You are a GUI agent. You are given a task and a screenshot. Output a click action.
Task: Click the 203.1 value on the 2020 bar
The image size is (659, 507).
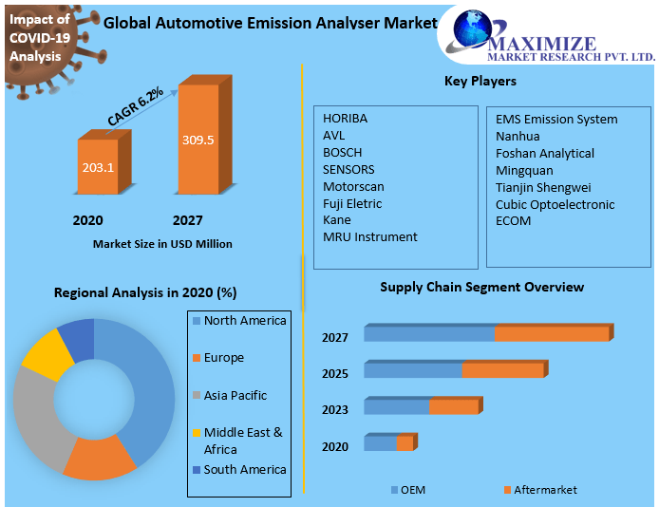pyautogui.click(x=98, y=167)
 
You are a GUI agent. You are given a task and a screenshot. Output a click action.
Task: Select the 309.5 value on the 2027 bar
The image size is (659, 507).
pyautogui.click(x=198, y=140)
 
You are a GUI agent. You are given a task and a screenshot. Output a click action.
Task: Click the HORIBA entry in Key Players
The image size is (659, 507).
pyautogui.click(x=345, y=119)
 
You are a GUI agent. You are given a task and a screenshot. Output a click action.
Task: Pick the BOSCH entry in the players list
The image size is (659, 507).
pyautogui.click(x=342, y=153)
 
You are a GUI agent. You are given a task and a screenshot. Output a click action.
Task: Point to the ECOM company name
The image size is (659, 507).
pyautogui.click(x=514, y=221)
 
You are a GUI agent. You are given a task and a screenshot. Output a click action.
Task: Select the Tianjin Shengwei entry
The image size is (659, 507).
pyautogui.click(x=543, y=187)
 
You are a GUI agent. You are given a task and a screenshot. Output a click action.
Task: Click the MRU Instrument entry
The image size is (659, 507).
pyautogui.click(x=370, y=236)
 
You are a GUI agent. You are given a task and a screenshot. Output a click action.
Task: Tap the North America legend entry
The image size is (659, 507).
pyautogui.click(x=244, y=321)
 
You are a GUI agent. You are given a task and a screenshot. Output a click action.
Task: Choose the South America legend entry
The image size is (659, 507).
pyautogui.click(x=244, y=470)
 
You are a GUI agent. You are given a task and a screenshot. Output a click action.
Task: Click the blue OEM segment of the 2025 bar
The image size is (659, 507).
pyautogui.click(x=413, y=370)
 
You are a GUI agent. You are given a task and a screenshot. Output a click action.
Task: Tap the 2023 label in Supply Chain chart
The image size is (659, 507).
pyautogui.click(x=335, y=410)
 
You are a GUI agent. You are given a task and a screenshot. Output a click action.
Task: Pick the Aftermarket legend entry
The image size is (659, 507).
pyautogui.click(x=544, y=490)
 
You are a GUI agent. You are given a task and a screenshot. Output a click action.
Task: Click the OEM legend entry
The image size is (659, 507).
pyautogui.click(x=412, y=490)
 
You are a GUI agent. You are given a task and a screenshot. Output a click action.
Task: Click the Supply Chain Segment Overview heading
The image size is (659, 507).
pyautogui.click(x=481, y=287)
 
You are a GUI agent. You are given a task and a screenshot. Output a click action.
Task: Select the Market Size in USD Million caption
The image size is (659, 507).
pyautogui.click(x=162, y=244)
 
